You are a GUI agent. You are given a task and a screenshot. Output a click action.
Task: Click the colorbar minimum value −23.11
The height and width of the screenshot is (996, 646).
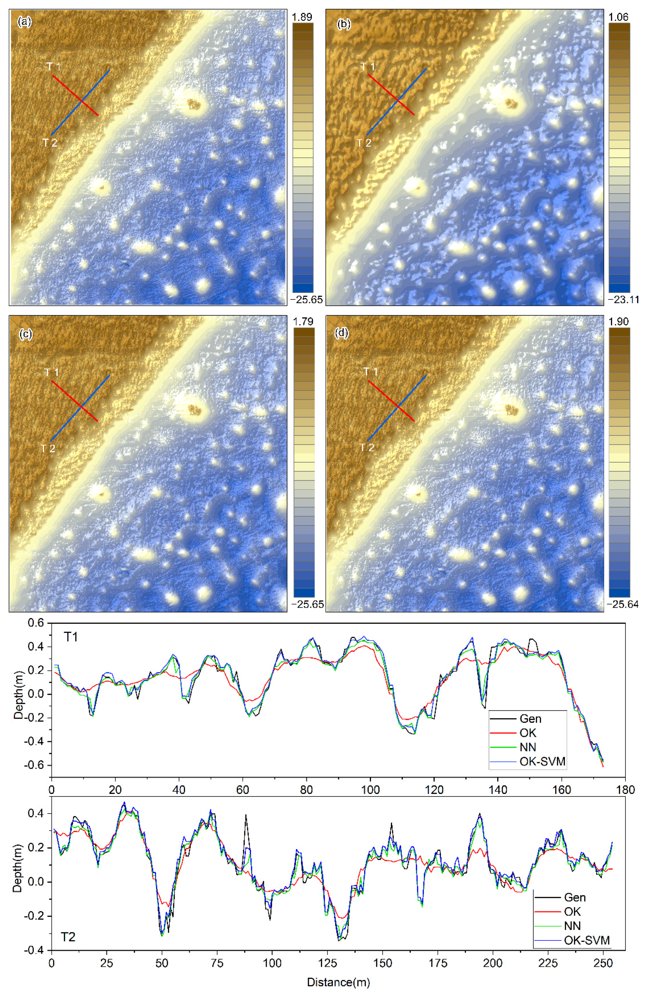point(623,300)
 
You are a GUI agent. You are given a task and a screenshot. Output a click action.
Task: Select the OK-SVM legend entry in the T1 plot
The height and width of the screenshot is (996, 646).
point(542,762)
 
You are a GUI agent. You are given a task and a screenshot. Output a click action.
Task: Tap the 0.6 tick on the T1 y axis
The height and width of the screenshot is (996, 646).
point(36,623)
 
